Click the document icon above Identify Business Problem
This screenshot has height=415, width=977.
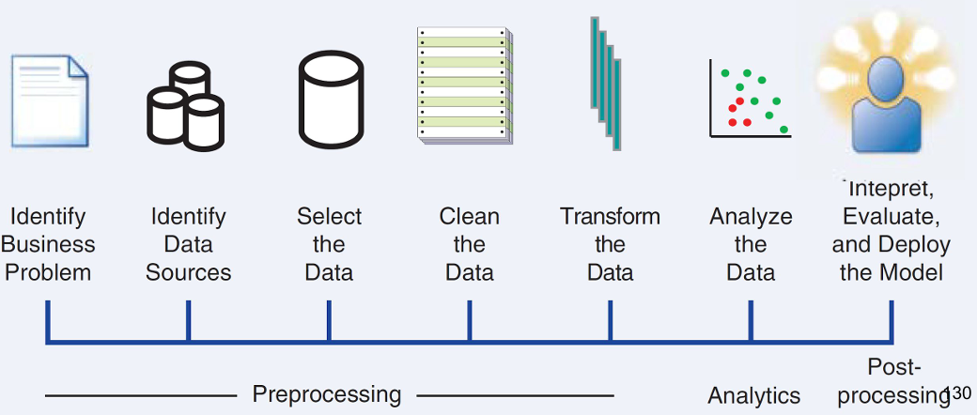[50, 100]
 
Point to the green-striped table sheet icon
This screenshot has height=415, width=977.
[466, 86]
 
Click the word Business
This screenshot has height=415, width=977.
[47, 245]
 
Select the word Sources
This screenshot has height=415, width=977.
[188, 273]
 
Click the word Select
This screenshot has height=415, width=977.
[329, 217]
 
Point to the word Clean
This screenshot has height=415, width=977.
[469, 217]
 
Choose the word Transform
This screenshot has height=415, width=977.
[610, 217]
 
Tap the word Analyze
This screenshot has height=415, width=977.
[751, 217]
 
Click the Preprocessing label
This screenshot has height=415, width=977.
[326, 394]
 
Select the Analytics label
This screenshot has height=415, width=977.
[753, 395]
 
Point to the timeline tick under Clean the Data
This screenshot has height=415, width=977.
[470, 321]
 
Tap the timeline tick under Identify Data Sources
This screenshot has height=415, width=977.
[188, 321]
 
